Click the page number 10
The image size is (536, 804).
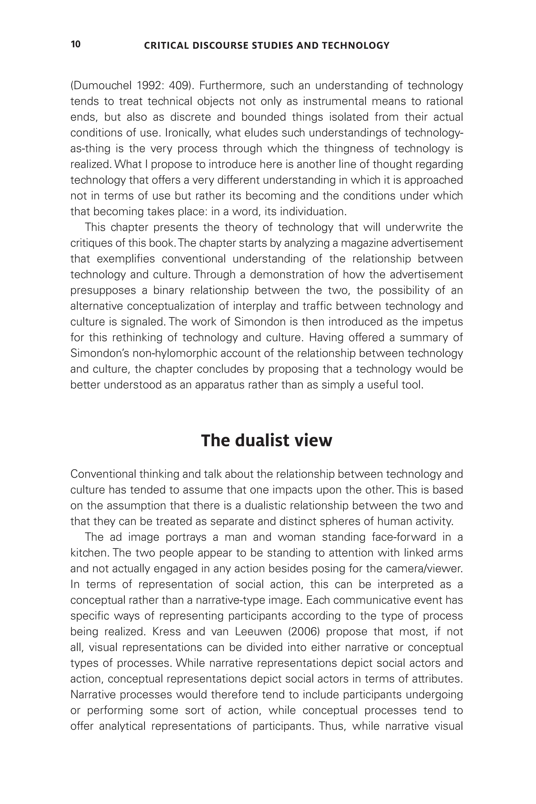pyautogui.click(x=76, y=44)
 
